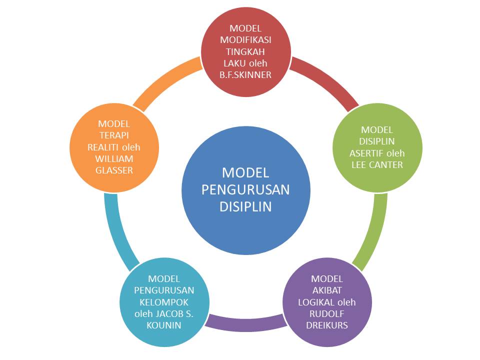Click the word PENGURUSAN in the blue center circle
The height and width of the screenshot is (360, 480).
tap(245, 189)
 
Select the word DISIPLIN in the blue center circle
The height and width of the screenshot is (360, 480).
tap(245, 206)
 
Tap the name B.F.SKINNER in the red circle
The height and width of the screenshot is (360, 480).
tap(245, 75)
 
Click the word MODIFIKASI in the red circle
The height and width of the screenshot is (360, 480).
tap(245, 40)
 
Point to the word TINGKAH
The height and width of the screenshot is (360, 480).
tap(245, 51)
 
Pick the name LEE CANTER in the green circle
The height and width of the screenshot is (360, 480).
tap(377, 164)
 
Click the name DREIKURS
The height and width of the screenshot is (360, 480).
tap(327, 325)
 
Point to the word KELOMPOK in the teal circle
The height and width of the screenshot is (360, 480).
tap(164, 302)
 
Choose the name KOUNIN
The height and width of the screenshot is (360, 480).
tap(164, 325)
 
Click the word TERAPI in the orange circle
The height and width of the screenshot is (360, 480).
tap(114, 135)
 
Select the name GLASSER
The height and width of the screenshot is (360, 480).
tap(114, 170)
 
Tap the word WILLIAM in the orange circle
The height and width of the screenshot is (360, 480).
tap(114, 158)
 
